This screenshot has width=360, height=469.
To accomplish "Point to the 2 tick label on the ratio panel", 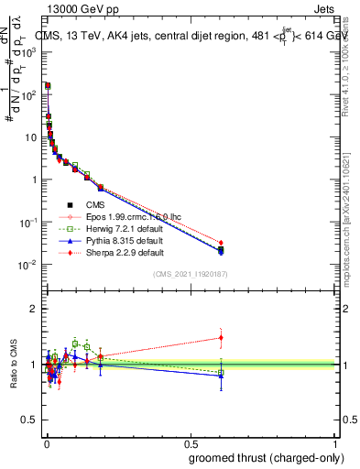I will point(35,309).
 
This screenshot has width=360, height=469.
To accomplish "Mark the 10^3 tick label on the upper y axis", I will point(29,52).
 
